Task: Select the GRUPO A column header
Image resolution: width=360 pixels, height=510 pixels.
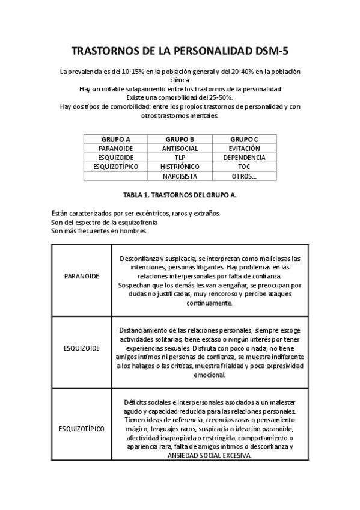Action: (x=116, y=139)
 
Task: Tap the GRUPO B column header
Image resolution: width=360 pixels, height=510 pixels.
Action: (x=180, y=139)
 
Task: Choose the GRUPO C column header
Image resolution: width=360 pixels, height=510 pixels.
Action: (x=244, y=139)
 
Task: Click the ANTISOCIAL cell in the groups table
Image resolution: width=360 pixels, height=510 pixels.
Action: (x=180, y=148)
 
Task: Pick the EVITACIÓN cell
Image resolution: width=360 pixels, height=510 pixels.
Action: (x=244, y=148)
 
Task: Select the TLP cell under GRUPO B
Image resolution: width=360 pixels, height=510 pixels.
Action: (x=180, y=158)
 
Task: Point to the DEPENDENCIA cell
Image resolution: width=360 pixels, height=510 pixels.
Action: (x=244, y=158)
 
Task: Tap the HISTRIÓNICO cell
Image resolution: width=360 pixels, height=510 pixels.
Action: (x=180, y=167)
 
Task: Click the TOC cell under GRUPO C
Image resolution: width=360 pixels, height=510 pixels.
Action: (x=244, y=167)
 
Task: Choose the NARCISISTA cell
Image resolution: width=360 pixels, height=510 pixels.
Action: (x=180, y=176)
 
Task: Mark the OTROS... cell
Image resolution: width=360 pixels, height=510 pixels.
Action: (x=244, y=176)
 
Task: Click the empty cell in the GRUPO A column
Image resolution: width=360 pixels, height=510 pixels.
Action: (x=116, y=176)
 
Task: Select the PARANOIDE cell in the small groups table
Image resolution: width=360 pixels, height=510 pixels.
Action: (x=116, y=148)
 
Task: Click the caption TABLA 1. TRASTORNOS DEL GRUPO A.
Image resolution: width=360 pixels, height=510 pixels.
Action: (x=180, y=195)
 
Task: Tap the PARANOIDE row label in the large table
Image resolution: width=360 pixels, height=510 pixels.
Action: (x=82, y=276)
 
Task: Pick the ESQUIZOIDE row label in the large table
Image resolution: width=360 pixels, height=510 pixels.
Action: (x=82, y=348)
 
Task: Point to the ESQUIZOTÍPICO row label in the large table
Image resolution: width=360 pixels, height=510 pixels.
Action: (x=82, y=429)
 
